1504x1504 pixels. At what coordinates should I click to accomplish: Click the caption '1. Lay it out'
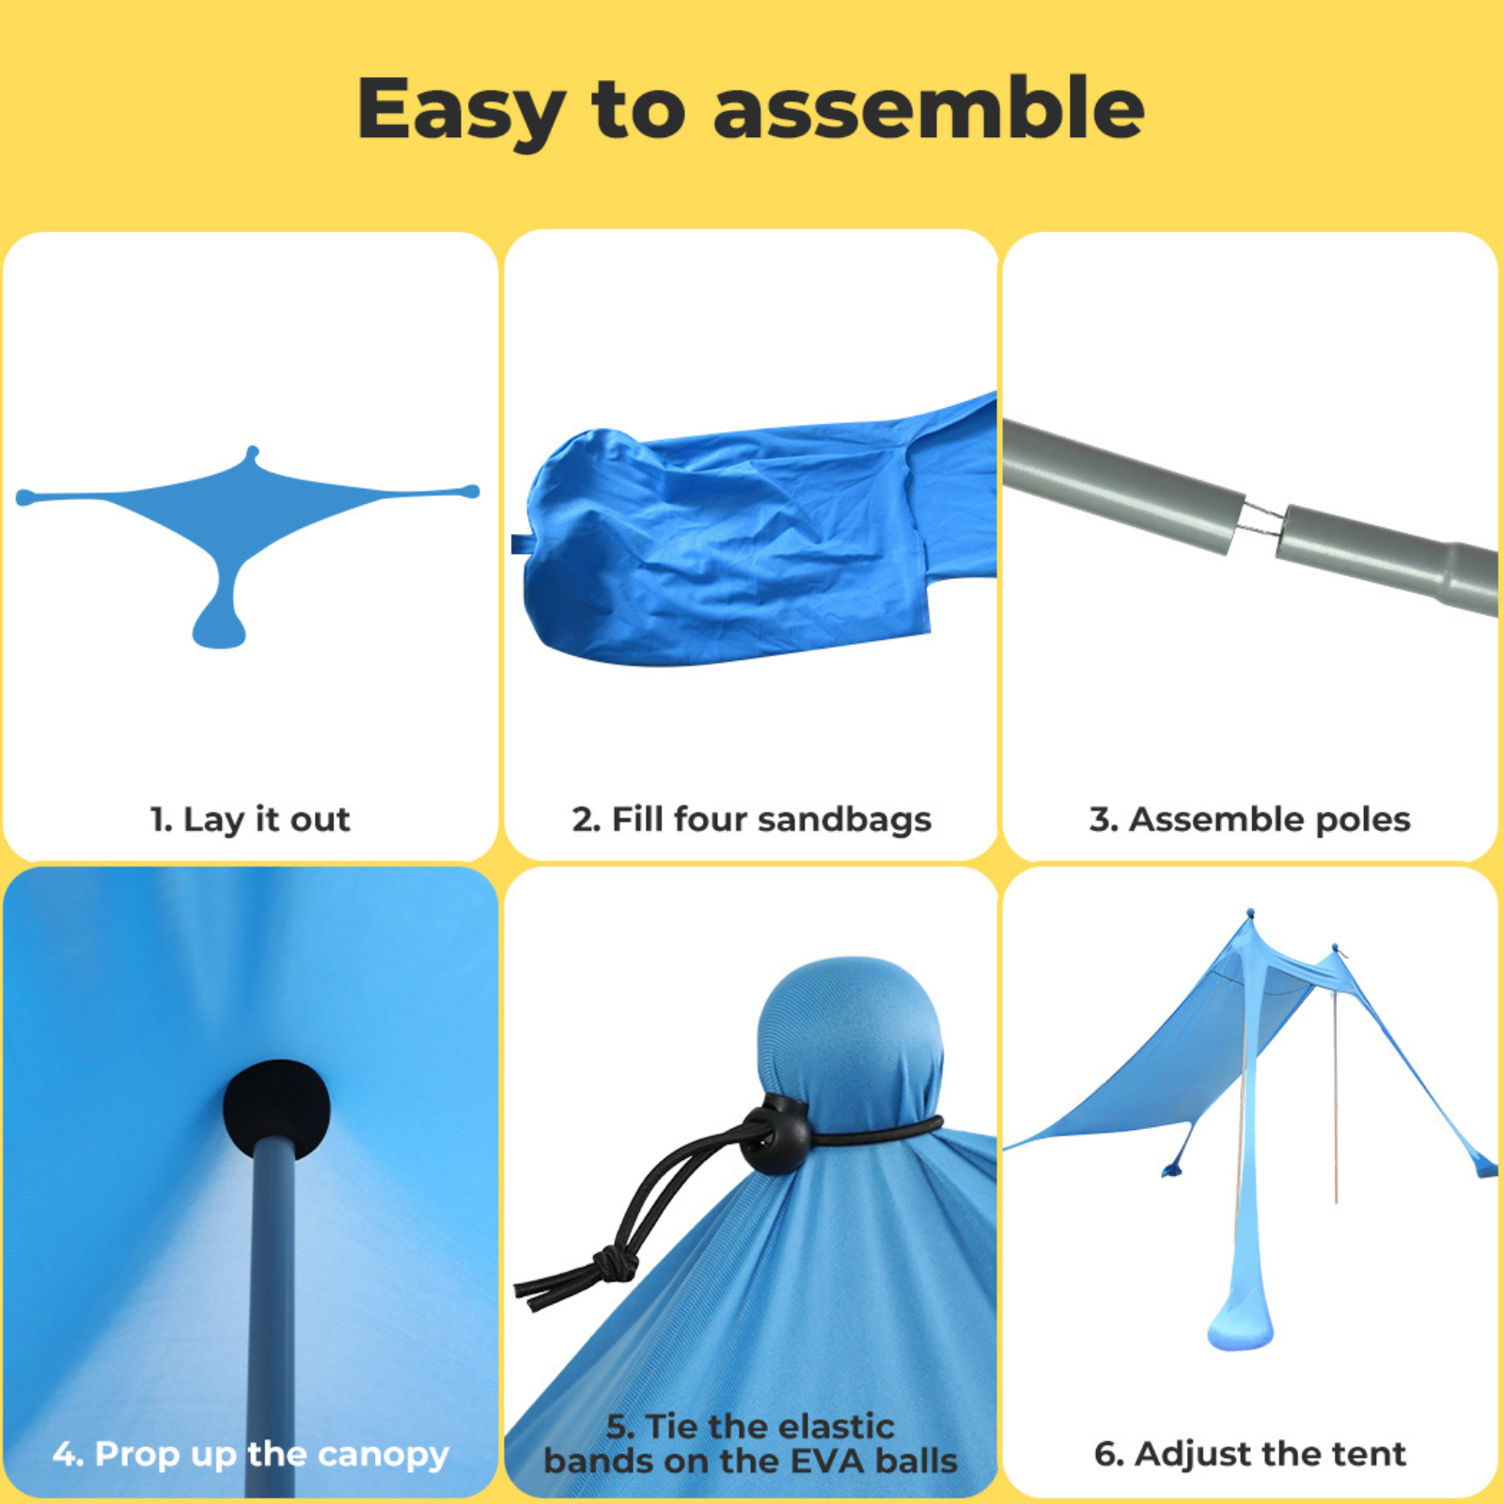(x=250, y=820)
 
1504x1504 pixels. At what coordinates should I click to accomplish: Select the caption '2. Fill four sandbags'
(x=751, y=819)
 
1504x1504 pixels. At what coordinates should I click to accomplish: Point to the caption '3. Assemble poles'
(x=1249, y=820)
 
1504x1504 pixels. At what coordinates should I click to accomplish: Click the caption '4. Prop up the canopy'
(x=251, y=1454)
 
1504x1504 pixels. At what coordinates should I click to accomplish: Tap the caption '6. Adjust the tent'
(x=1250, y=1453)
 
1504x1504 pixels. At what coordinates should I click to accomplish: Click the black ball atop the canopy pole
(x=277, y=1109)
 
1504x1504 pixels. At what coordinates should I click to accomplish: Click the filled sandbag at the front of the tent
(x=1241, y=1321)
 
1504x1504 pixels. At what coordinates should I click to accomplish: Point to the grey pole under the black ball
(x=272, y=1316)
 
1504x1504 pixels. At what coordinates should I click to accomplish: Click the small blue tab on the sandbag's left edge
(x=520, y=544)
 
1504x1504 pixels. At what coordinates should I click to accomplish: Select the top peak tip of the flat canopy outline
(x=252, y=451)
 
